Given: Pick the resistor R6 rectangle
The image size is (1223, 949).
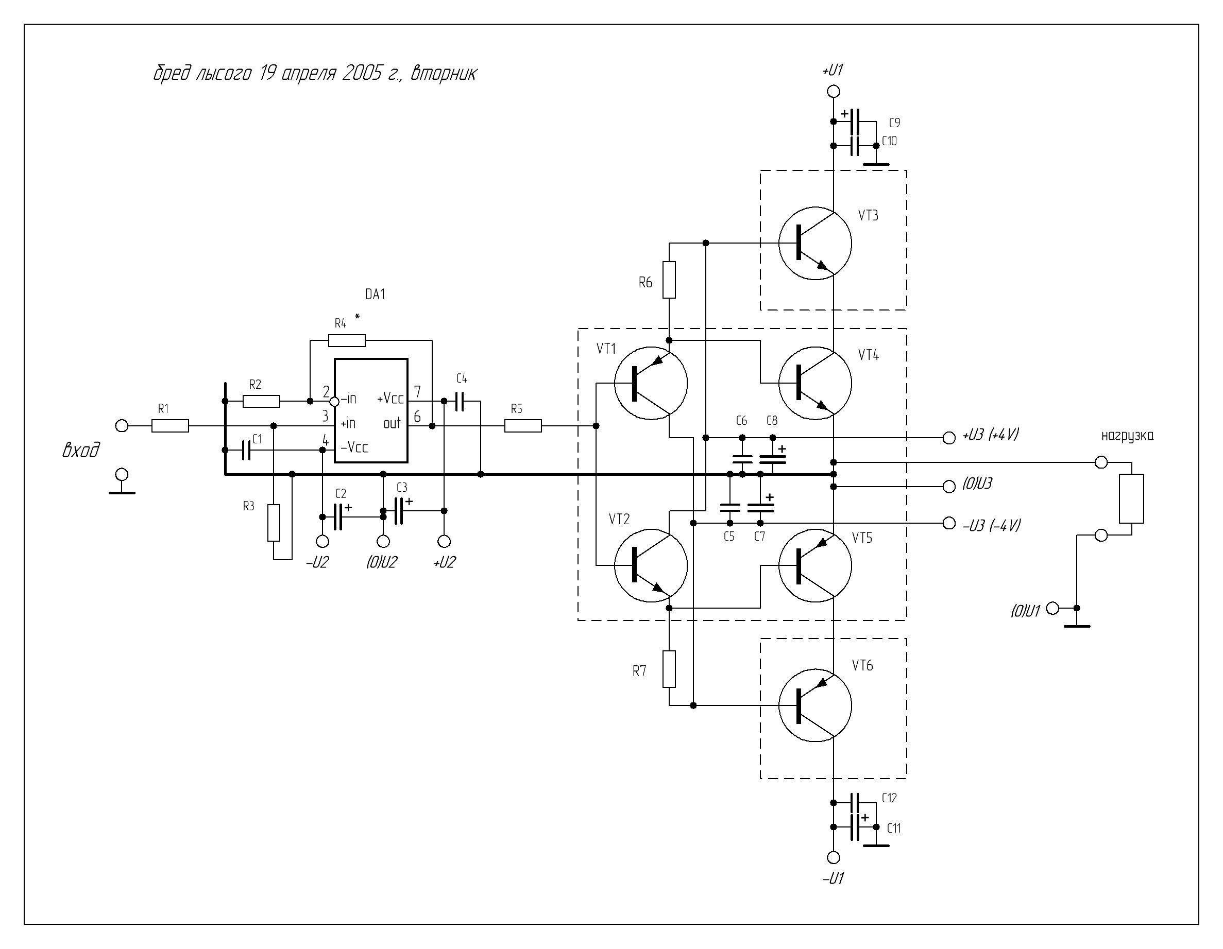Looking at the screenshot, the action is (x=669, y=280).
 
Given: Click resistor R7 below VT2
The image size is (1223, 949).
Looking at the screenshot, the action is (x=669, y=669).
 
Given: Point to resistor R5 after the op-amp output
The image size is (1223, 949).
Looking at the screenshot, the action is (x=523, y=426).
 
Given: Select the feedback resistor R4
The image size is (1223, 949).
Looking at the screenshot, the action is (x=347, y=340).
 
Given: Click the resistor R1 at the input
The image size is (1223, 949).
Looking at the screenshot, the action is (x=170, y=426).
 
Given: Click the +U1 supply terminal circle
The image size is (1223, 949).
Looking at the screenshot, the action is (x=833, y=91).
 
